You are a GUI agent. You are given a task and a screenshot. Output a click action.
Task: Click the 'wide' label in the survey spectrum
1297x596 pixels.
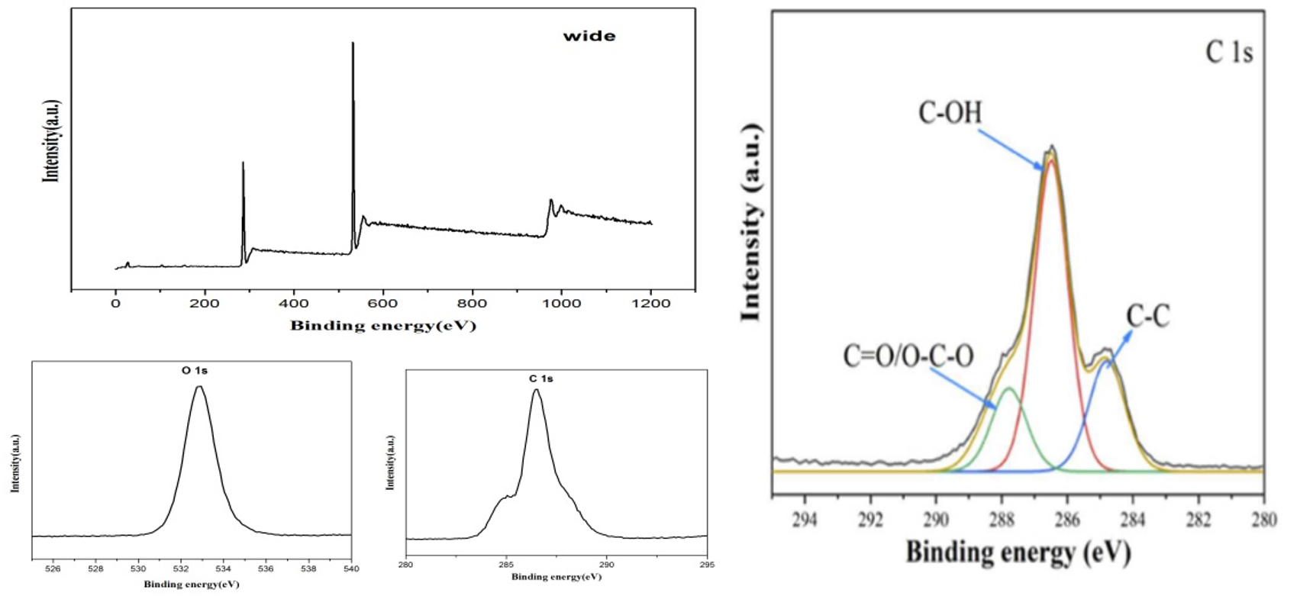[x=589, y=36]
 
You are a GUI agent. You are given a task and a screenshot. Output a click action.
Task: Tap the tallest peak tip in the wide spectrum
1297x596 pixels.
[x=353, y=43]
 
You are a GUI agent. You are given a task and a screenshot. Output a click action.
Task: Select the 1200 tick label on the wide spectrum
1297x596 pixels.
[x=651, y=304]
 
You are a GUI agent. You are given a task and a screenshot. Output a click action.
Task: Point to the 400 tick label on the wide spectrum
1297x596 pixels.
[x=294, y=304]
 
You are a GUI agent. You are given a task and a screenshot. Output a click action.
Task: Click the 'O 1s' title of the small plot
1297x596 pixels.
[x=194, y=371]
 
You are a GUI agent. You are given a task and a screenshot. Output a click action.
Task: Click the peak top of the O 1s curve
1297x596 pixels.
[x=200, y=387]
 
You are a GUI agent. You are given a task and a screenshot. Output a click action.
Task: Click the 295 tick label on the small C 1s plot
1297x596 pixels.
[x=707, y=565]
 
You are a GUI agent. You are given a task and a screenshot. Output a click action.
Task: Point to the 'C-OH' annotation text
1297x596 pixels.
[x=950, y=113]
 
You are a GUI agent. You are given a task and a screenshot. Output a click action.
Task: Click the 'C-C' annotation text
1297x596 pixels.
[x=1147, y=315]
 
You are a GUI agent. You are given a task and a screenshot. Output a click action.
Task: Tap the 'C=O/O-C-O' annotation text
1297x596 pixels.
[x=908, y=356]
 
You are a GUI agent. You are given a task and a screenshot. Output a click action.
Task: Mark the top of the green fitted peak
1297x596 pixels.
[x=1009, y=388]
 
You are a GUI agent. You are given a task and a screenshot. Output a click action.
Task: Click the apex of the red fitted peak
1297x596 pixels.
[x=1051, y=161]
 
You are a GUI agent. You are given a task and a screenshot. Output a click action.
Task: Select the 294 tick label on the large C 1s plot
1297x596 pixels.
[x=805, y=520]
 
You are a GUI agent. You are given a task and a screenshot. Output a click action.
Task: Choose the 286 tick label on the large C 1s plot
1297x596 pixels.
[x=1067, y=520]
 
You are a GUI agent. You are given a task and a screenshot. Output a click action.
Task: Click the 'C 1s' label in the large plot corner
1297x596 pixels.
[x=1228, y=52]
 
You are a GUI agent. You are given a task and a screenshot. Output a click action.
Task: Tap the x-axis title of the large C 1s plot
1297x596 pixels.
[x=1018, y=552]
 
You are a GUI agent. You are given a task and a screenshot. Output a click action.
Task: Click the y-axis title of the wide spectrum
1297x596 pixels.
[x=51, y=141]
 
